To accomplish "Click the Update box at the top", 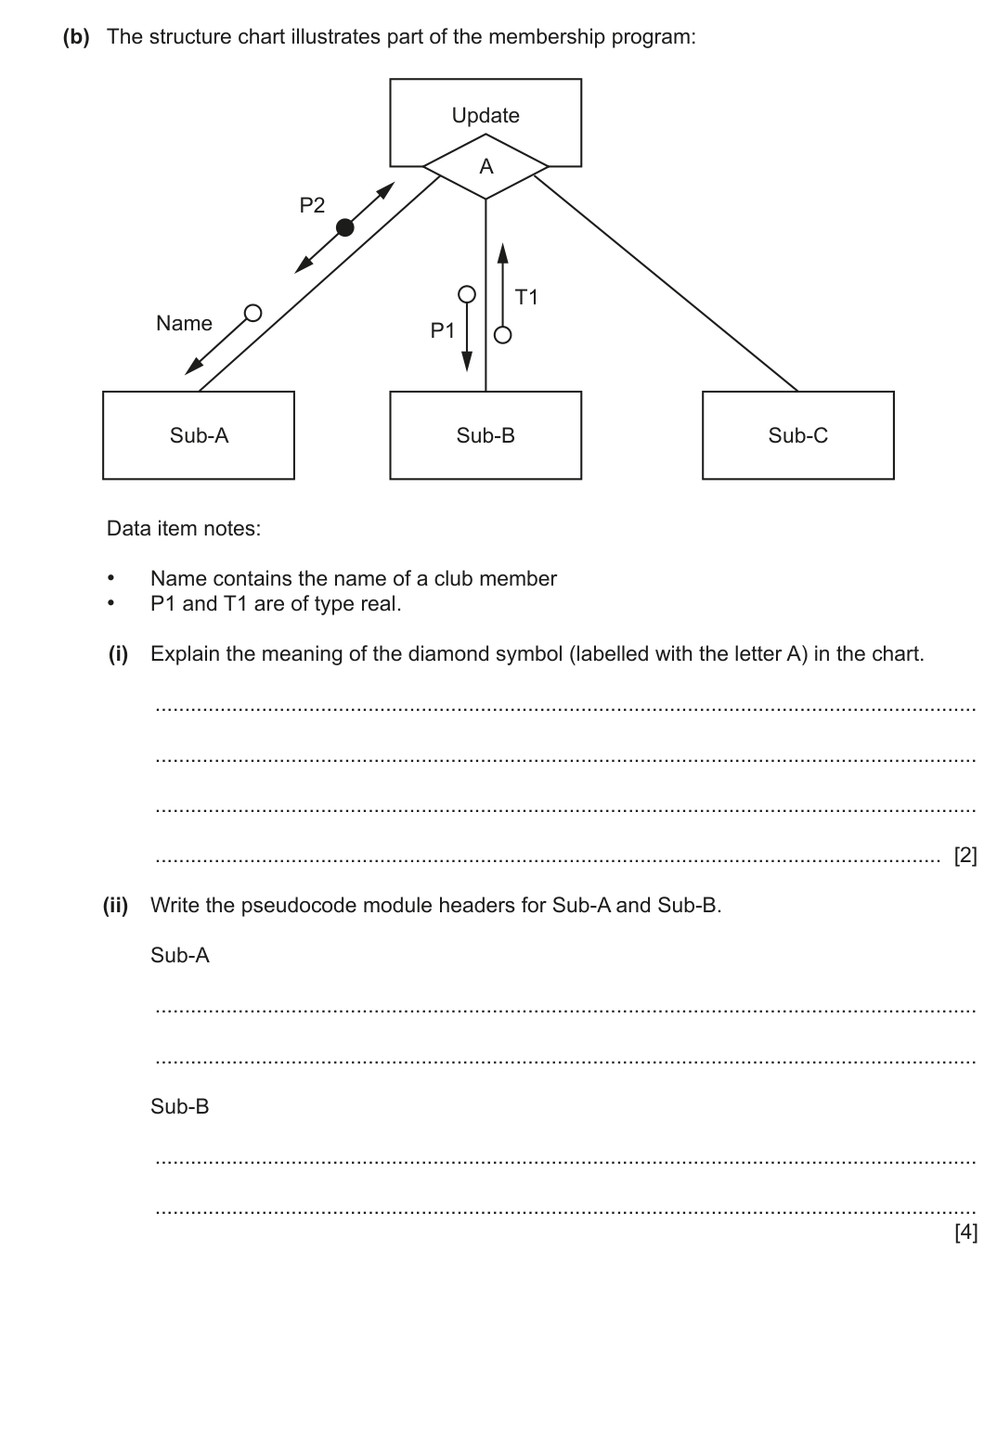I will pyautogui.click(x=486, y=114).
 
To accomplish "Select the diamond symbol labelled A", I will pyautogui.click(x=486, y=167).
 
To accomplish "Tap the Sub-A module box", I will pyautogui.click(x=199, y=435).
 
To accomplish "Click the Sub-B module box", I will pyautogui.click(x=486, y=435).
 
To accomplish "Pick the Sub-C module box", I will pyautogui.click(x=797, y=435).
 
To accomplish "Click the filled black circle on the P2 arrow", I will pyautogui.click(x=344, y=227).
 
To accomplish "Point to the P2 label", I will pyautogui.click(x=312, y=205).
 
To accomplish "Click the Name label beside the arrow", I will pyautogui.click(x=184, y=323).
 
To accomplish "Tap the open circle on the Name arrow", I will pyautogui.click(x=252, y=312).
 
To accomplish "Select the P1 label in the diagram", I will pyautogui.click(x=443, y=329).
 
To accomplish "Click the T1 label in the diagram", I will pyautogui.click(x=526, y=297).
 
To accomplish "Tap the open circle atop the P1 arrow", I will pyautogui.click(x=468, y=294).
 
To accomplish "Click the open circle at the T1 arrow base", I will pyautogui.click(x=502, y=335).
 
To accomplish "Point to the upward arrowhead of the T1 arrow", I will pyautogui.click(x=502, y=252).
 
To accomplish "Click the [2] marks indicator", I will pyautogui.click(x=965, y=856).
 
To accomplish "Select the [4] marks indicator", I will pyautogui.click(x=965, y=1232).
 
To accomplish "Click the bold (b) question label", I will pyautogui.click(x=76, y=37).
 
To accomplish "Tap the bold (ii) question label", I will pyautogui.click(x=116, y=905).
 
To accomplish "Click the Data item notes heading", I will pyautogui.click(x=184, y=528).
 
